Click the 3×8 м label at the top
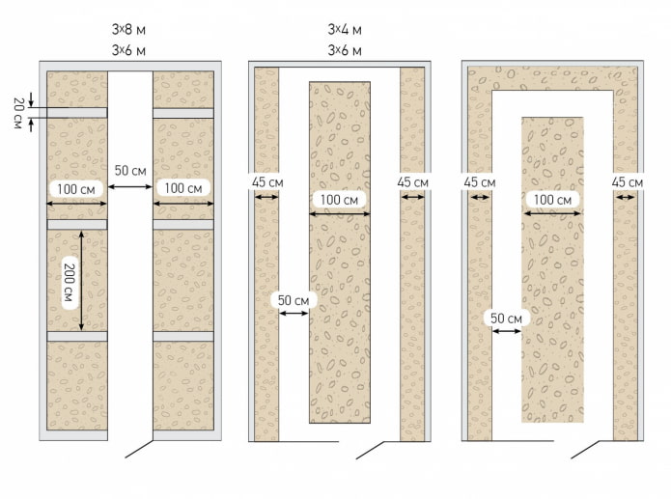coord(128,29)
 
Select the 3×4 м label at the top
coord(346,29)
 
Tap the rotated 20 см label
coord(17,112)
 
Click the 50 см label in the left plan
coord(129,171)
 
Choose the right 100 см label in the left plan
coord(182,187)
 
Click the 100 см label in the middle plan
coord(338,200)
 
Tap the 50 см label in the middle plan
coord(293,300)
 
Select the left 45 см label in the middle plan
coord(266,181)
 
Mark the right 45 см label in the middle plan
coord(413,181)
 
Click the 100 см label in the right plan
coord(551,200)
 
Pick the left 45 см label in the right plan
coord(479,181)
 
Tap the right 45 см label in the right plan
coord(628,181)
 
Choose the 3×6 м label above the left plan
coord(128,50)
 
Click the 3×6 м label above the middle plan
coord(346,50)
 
